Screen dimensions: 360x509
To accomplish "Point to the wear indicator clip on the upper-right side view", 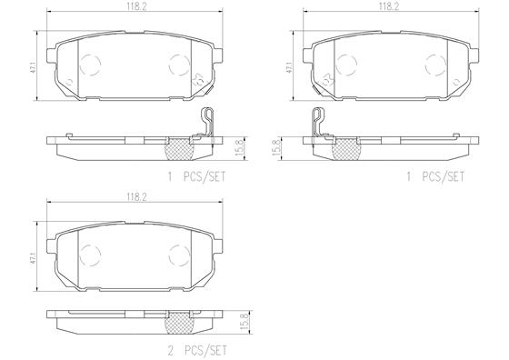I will pyautogui.click(x=317, y=124).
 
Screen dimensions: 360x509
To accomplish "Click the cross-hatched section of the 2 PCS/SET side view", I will pyautogui.click(x=177, y=321).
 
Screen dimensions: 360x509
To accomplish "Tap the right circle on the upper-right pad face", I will pyautogui.click(x=432, y=64).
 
